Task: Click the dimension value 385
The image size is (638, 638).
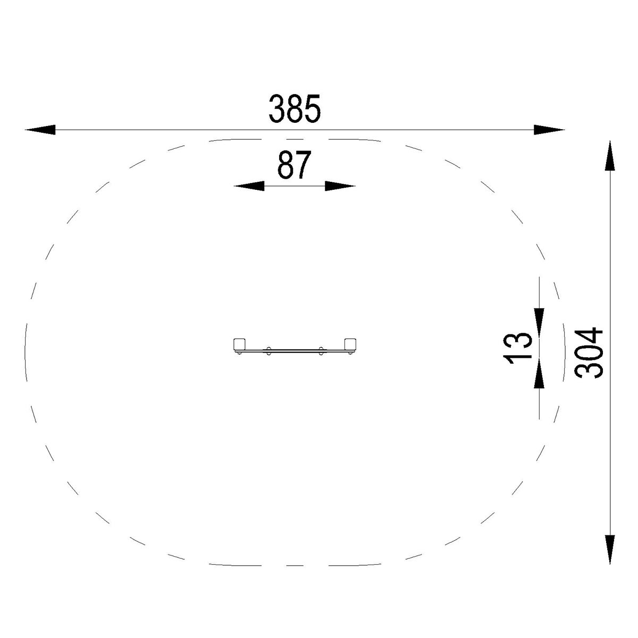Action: tap(295, 108)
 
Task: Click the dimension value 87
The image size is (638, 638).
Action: tap(295, 164)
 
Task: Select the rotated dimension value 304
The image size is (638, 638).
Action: tap(589, 353)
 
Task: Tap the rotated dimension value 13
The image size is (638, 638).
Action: tap(517, 348)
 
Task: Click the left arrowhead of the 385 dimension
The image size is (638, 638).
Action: tap(40, 130)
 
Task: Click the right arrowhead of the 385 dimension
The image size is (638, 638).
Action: tap(549, 130)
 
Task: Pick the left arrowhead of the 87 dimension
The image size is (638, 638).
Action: tap(249, 186)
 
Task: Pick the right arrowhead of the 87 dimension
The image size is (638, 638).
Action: tap(340, 186)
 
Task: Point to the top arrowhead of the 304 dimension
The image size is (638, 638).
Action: tap(610, 155)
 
